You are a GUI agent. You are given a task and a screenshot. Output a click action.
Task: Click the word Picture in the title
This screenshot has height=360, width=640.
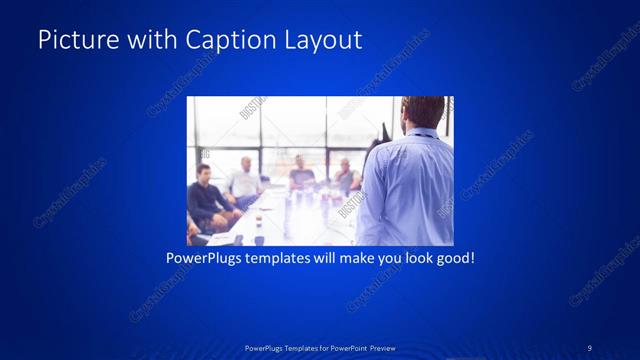[73, 40]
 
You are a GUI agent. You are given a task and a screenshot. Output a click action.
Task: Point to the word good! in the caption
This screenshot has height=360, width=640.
[453, 258]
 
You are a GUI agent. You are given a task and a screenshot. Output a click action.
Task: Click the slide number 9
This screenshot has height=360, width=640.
[590, 347]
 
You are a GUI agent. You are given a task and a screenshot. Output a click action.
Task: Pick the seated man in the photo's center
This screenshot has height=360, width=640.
[302, 174]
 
